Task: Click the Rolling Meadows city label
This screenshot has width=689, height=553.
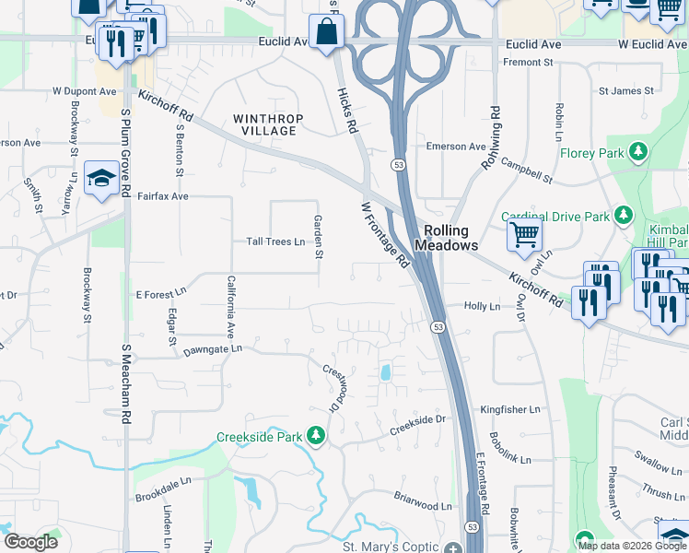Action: click(x=447, y=239)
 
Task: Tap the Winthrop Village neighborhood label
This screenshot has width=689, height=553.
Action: click(x=265, y=124)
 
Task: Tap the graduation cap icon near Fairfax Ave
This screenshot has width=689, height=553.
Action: click(x=101, y=178)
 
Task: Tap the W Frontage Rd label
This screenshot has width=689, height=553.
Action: click(x=385, y=235)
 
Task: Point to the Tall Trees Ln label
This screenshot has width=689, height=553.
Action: click(x=275, y=241)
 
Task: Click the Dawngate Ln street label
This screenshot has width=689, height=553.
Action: click(x=212, y=349)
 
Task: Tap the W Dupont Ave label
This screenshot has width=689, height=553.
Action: click(x=84, y=91)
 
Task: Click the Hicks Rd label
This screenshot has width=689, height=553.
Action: click(x=346, y=111)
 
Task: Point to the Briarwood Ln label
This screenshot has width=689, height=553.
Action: click(x=423, y=505)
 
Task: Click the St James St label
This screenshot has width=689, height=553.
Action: click(x=625, y=91)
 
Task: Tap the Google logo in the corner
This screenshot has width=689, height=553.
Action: click(x=30, y=541)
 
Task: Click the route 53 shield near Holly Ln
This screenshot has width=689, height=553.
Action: click(x=438, y=327)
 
